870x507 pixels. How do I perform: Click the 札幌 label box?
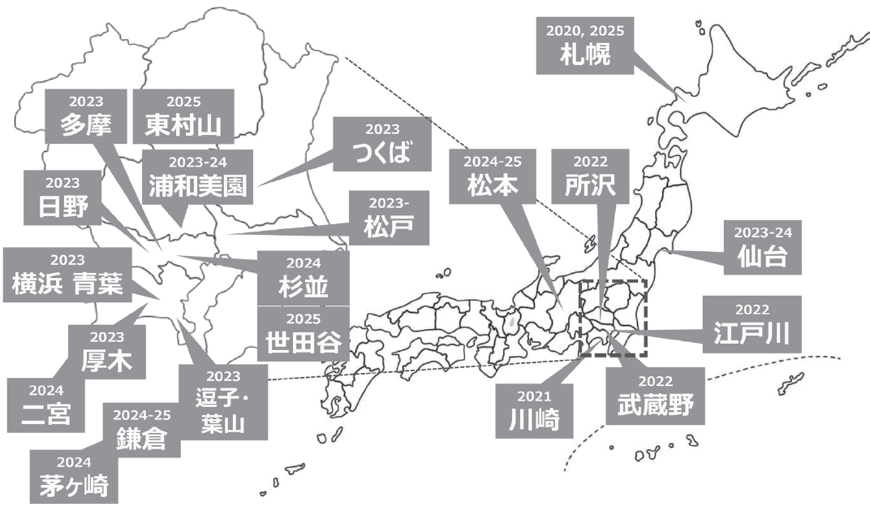click(584, 45)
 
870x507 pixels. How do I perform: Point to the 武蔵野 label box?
click(655, 395)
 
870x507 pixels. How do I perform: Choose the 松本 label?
click(493, 175)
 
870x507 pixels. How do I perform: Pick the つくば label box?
click(381, 144)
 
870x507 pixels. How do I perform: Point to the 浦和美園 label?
click(198, 176)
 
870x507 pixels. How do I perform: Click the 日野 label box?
click(61, 198)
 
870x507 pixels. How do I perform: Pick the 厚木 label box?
click(107, 351)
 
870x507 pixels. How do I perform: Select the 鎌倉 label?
click(141, 428)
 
